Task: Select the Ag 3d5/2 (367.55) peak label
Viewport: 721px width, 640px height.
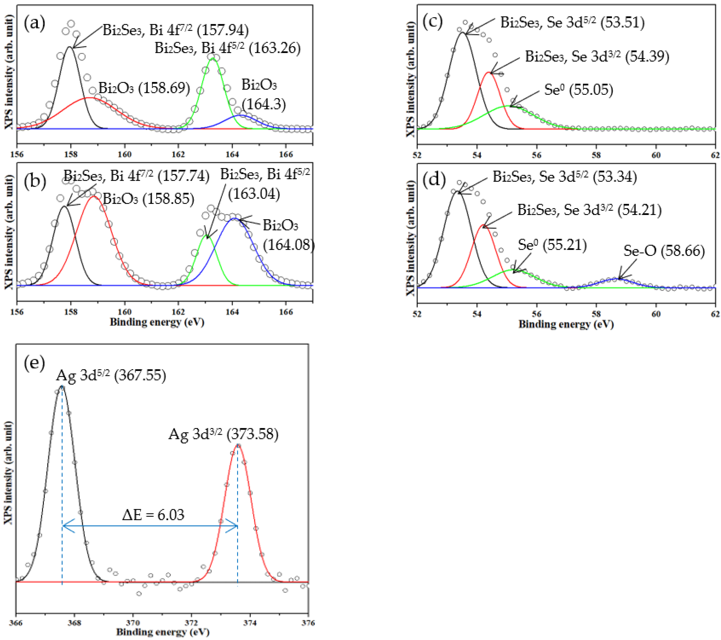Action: pos(111,375)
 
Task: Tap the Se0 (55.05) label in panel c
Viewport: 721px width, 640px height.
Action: pos(578,90)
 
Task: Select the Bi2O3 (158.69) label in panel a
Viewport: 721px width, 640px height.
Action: pos(144,88)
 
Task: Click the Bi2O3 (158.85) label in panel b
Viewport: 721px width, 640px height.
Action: pos(148,199)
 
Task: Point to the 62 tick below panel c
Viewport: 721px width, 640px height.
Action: pos(715,155)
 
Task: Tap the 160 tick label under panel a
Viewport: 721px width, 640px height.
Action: pos(124,154)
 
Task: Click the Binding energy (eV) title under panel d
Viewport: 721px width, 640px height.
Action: pos(566,324)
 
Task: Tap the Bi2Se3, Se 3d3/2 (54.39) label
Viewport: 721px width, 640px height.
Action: pos(597,56)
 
